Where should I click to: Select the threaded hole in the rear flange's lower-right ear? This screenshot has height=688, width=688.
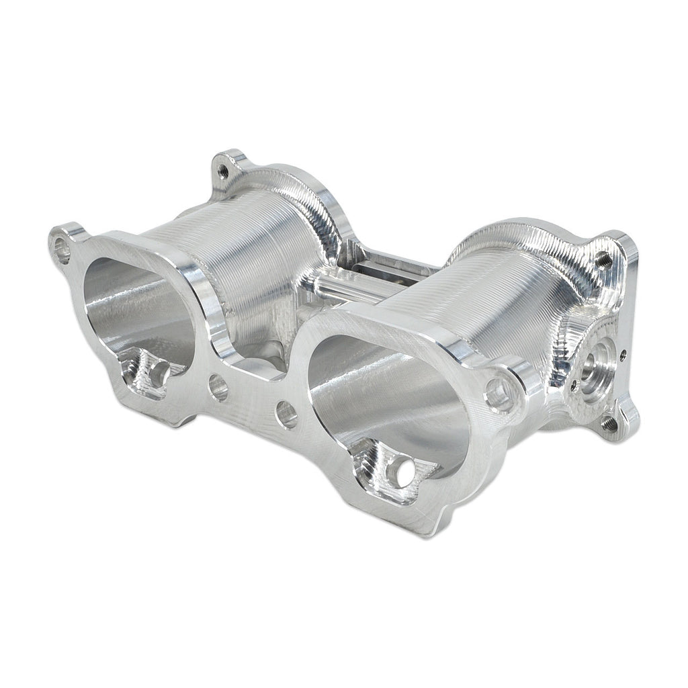pos(609,422)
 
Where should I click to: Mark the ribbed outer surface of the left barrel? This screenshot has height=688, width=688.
pos(255,249)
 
